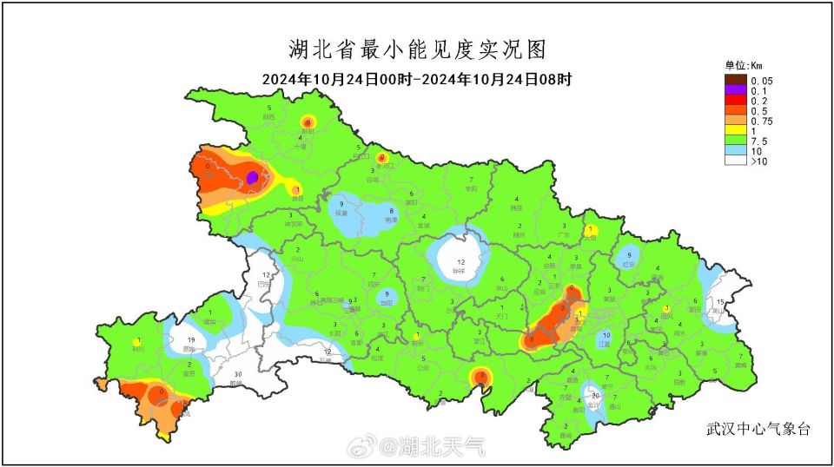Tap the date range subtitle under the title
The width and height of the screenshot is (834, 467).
(x=417, y=79)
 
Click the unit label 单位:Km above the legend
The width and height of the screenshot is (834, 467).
(x=744, y=65)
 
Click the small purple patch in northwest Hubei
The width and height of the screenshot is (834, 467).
(x=252, y=177)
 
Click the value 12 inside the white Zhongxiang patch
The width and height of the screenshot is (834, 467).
(x=461, y=262)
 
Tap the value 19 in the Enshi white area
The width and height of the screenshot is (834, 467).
(x=190, y=339)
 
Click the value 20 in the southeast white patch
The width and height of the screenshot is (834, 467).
(x=595, y=395)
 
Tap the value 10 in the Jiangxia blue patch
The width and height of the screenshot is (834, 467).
(x=606, y=335)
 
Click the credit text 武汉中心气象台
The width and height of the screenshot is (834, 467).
(x=758, y=429)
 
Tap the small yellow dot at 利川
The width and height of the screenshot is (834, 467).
(x=138, y=341)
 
